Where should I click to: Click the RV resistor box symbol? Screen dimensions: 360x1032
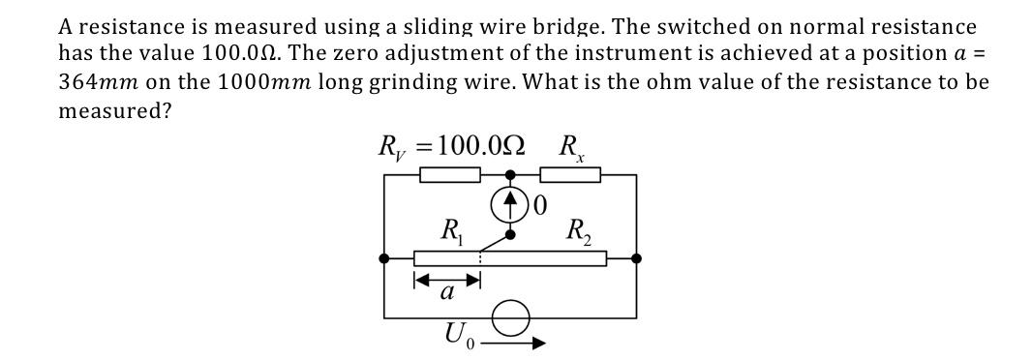[450, 175]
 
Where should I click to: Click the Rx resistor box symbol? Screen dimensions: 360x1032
[570, 175]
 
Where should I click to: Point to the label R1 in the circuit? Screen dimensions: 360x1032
[451, 232]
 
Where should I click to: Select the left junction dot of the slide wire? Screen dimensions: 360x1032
[385, 258]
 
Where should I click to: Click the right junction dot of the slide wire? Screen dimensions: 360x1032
[636, 258]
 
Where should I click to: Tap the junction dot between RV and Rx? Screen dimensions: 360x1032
[510, 175]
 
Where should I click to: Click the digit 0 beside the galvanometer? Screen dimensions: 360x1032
[540, 204]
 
